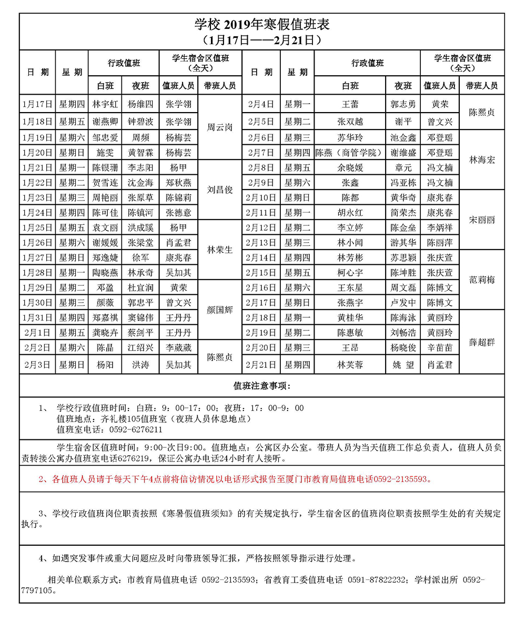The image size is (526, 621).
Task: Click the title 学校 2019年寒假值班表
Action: pyautogui.click(x=262, y=24)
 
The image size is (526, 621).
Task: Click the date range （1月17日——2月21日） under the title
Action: pyautogui.click(x=262, y=40)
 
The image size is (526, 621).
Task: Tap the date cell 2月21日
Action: pyautogui.click(x=261, y=364)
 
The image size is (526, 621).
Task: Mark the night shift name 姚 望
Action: pyautogui.click(x=403, y=364)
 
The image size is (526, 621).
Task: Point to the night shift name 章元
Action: pyautogui.click(x=403, y=168)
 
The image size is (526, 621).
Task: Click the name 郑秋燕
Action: pyautogui.click(x=178, y=183)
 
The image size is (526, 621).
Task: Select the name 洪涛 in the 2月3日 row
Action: pyautogui.click(x=140, y=364)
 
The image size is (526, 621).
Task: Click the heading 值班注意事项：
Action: pyautogui.click(x=262, y=385)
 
